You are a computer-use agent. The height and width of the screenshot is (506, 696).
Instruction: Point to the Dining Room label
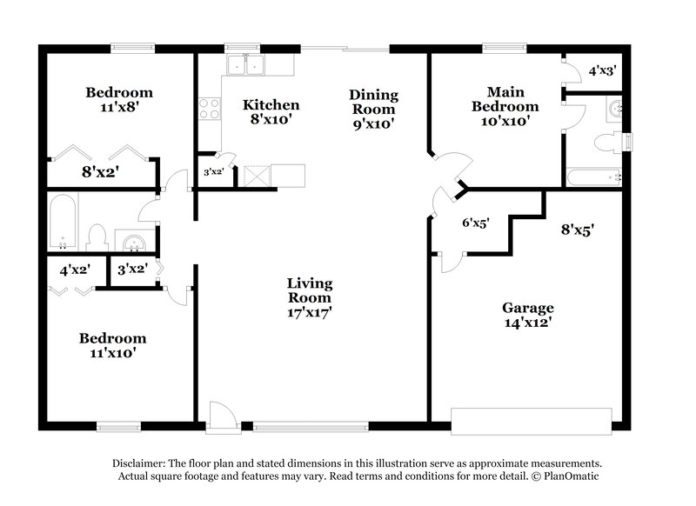(373, 102)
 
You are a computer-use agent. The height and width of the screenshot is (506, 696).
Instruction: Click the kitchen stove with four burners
(210, 109)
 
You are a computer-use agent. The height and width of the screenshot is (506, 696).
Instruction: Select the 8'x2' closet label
(100, 170)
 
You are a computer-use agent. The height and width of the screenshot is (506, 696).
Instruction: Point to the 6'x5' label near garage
(474, 223)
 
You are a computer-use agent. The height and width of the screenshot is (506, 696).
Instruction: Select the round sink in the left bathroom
(132, 238)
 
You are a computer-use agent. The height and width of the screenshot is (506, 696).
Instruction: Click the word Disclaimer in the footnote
(143, 463)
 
